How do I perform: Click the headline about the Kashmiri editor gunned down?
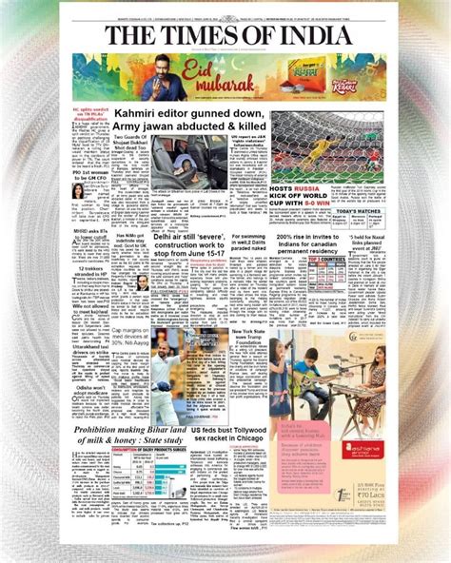click(181, 121)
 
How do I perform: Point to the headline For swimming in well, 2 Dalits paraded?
click(245, 242)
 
